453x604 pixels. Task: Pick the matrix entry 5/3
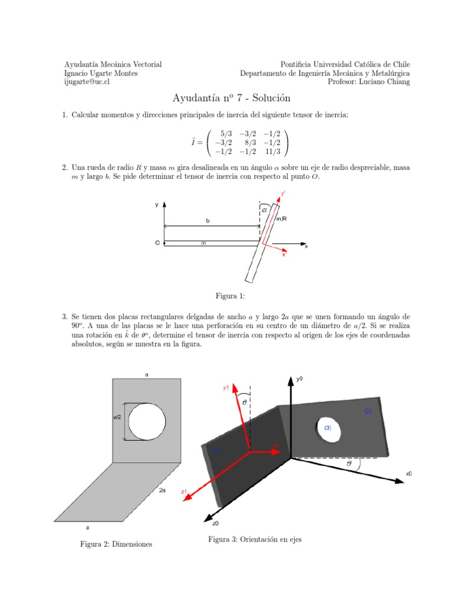click(x=225, y=134)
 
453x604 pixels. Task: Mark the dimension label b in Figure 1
click(x=208, y=221)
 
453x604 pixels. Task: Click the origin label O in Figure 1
click(x=157, y=242)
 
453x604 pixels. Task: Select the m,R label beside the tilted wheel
click(x=282, y=219)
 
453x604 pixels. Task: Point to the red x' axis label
click(x=284, y=255)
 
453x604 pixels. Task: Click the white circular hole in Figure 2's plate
click(x=147, y=421)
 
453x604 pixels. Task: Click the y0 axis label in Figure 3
click(x=300, y=379)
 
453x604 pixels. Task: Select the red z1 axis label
click(x=184, y=491)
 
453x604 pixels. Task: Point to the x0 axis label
click(x=409, y=473)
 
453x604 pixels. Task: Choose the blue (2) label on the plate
click(x=368, y=411)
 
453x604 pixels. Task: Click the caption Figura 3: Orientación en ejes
click(x=255, y=540)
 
